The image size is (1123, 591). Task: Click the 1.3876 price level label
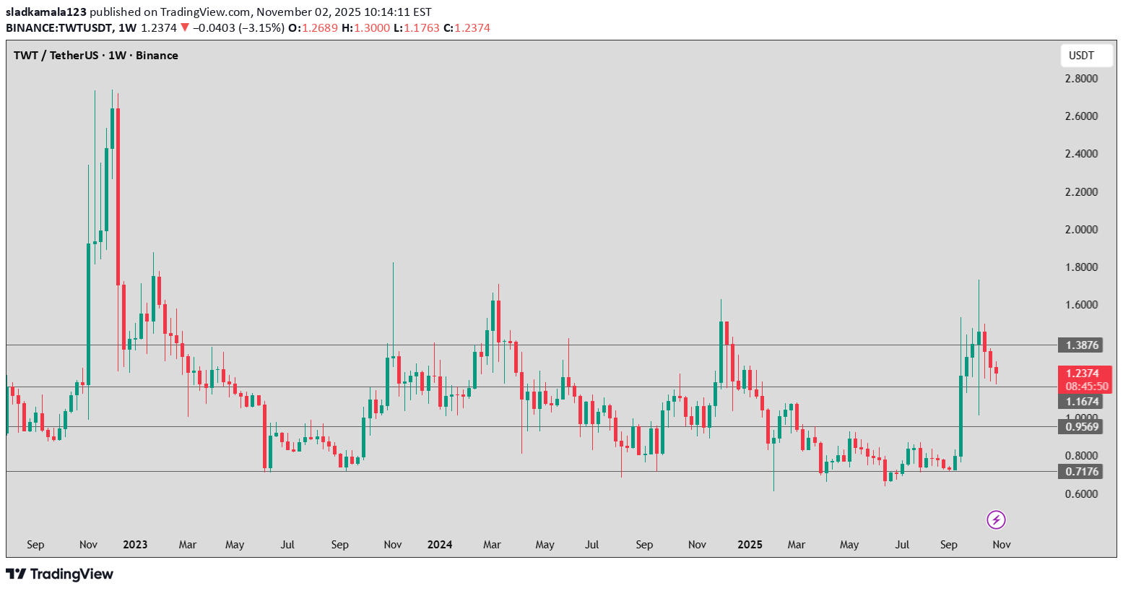click(1082, 345)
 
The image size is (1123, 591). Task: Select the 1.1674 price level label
click(1082, 402)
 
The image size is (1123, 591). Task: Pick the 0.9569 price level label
click(1082, 427)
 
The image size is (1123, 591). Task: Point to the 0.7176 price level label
click(1082, 472)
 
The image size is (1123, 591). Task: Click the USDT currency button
click(1081, 56)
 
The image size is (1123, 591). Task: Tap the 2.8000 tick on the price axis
click(1081, 79)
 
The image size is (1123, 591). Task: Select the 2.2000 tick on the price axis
click(1081, 192)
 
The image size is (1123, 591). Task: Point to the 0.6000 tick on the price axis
click(1081, 494)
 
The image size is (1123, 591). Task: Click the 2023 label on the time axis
click(135, 545)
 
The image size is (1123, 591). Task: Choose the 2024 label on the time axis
click(440, 545)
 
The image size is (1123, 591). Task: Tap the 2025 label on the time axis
click(750, 545)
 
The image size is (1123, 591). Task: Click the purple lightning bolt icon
click(997, 519)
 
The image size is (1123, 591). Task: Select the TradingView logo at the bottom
click(60, 574)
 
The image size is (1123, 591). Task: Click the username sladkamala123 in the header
click(46, 12)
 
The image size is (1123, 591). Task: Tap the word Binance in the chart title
click(157, 56)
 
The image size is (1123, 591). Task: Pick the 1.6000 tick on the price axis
click(1081, 305)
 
